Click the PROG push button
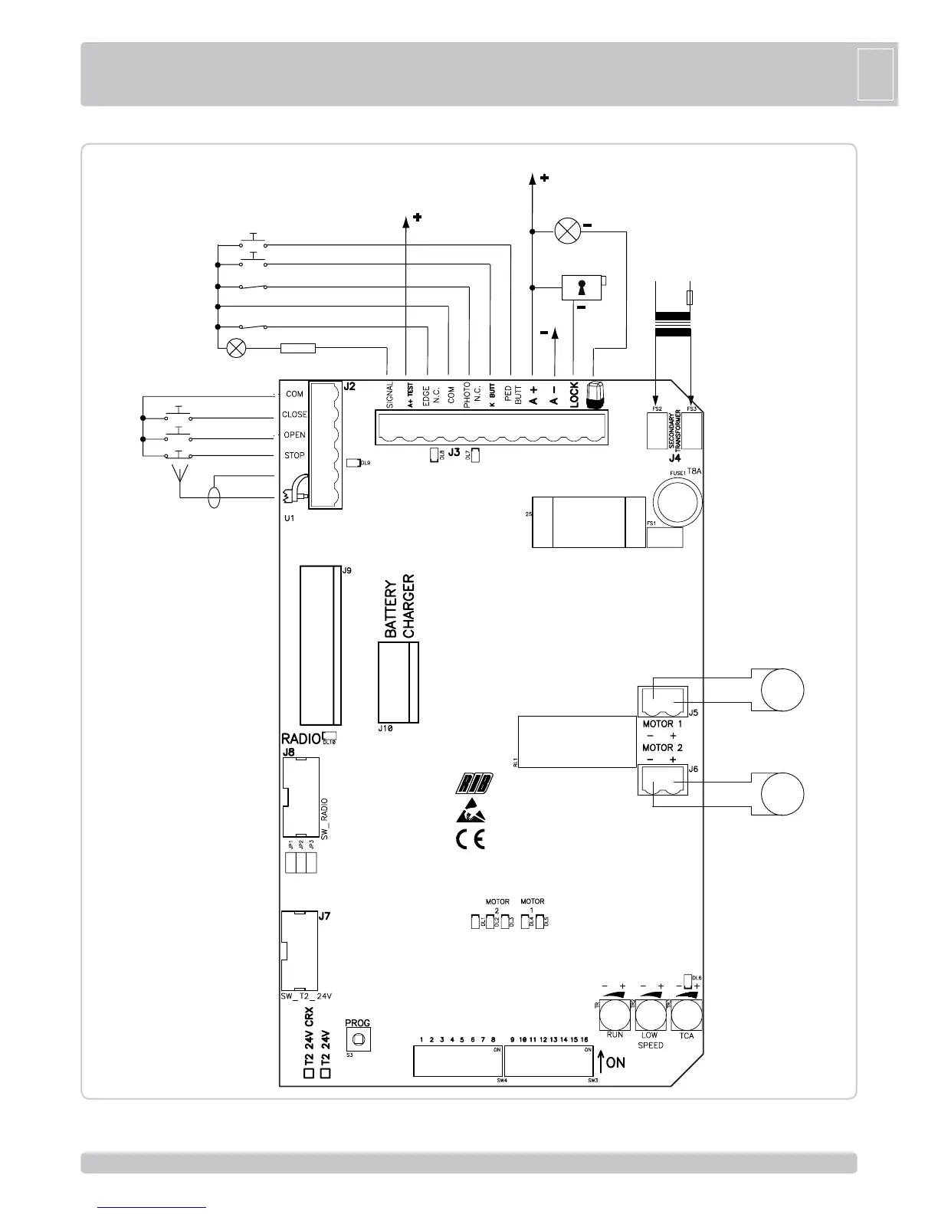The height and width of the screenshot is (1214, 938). coord(357,1039)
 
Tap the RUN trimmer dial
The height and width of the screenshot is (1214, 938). coord(614,1016)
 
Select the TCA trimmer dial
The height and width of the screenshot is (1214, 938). coord(686,1016)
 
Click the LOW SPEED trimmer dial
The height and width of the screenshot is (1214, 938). coord(650,1016)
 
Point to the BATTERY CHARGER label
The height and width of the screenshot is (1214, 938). coord(399,606)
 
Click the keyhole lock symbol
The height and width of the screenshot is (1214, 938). coord(581,287)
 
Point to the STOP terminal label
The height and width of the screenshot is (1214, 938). coord(294,455)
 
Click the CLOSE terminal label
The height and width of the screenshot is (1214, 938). coord(294,415)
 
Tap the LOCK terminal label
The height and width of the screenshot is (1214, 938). coord(574,394)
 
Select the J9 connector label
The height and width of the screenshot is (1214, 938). coord(346,571)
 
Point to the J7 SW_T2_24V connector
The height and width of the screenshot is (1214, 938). coord(299,950)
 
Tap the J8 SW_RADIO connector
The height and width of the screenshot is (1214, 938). coord(300,798)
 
